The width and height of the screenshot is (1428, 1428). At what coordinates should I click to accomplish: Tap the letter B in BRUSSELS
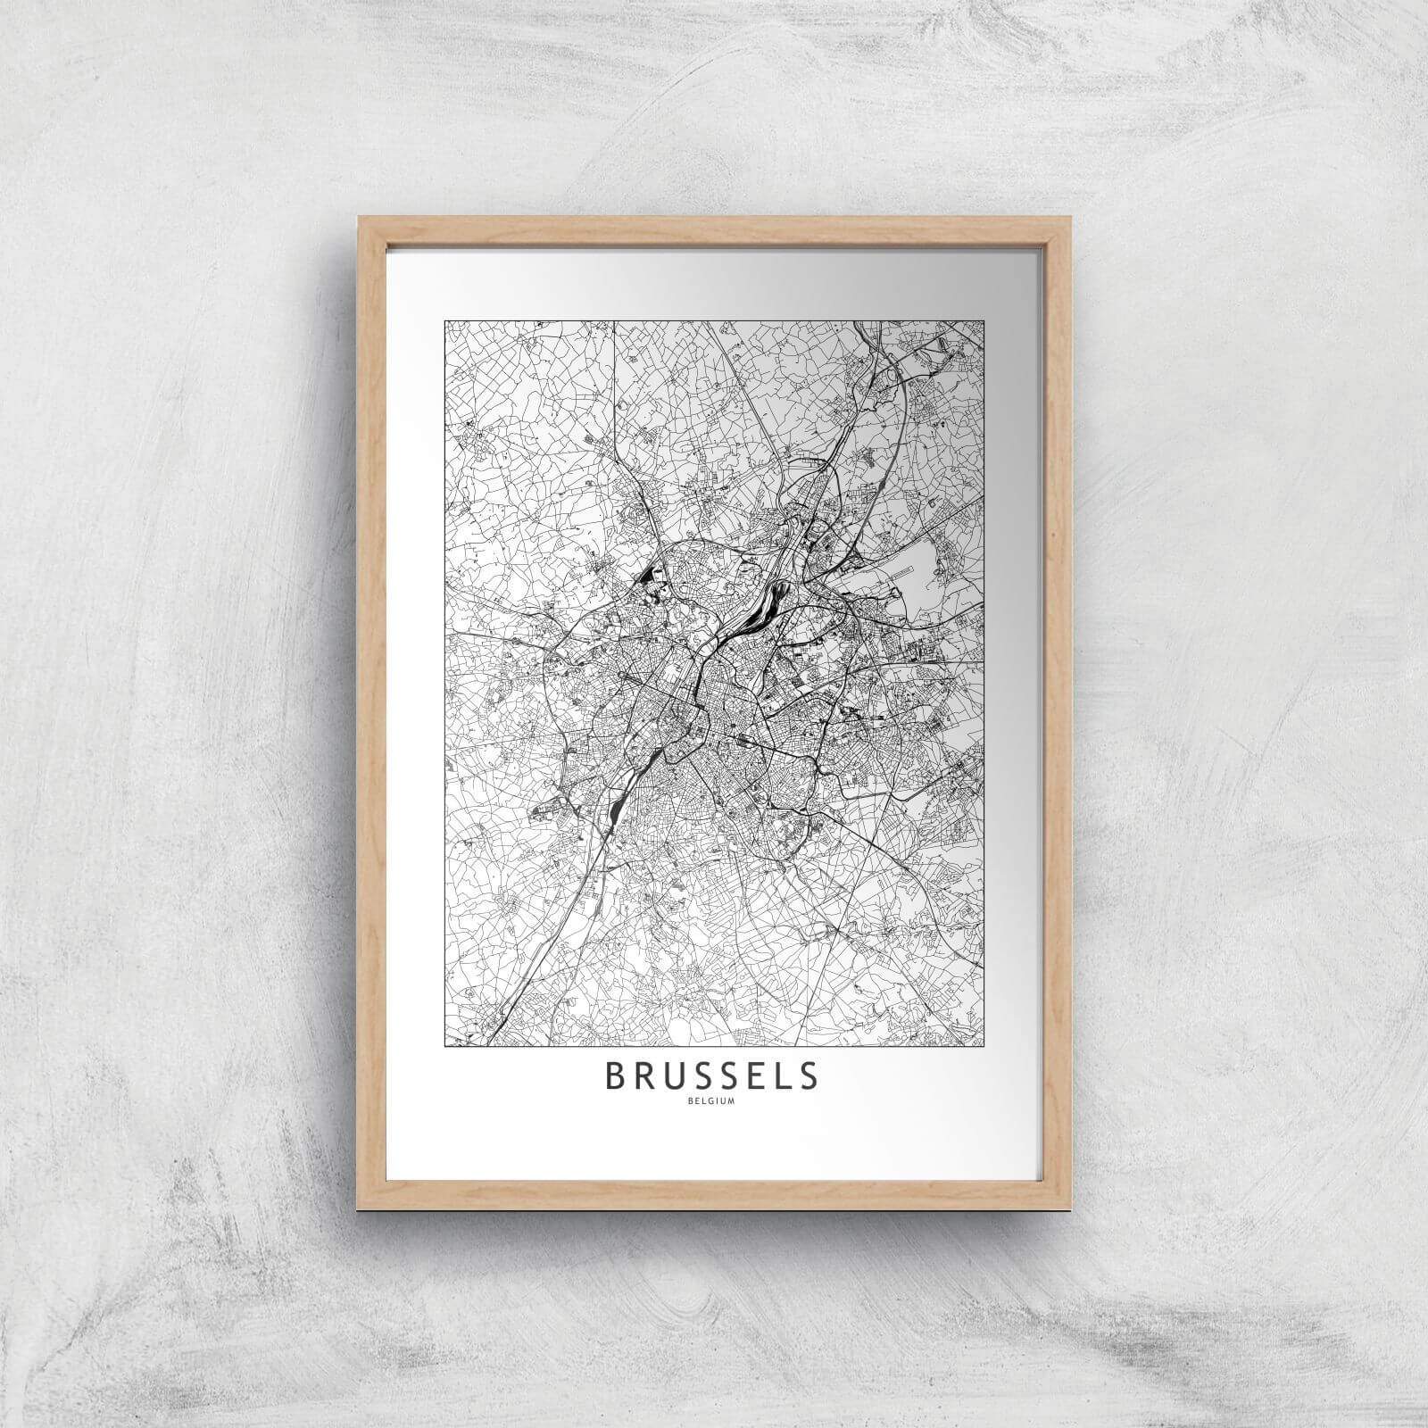pyautogui.click(x=616, y=1076)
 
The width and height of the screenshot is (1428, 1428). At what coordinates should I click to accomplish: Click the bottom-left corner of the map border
pyautogui.click(x=444, y=1045)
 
